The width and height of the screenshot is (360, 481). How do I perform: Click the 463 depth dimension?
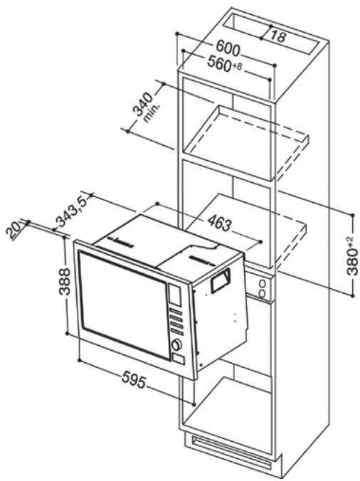click(219, 225)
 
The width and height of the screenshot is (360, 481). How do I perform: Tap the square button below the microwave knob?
click(176, 361)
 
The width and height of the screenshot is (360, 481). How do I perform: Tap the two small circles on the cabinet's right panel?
click(263, 290)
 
